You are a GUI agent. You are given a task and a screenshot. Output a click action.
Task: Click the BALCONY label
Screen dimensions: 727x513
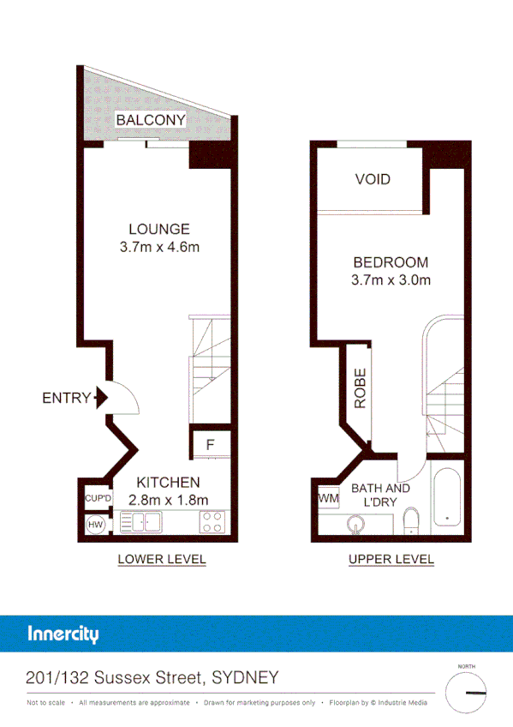pos(151,120)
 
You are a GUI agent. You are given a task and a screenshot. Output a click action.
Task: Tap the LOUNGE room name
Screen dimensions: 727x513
pos(158,229)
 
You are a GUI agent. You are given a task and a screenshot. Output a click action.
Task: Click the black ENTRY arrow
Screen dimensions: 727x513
pos(100,397)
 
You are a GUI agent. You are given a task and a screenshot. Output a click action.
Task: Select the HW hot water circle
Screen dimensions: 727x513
pos(95,524)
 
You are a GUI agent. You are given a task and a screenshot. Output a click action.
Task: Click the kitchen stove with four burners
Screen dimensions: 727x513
pos(212,522)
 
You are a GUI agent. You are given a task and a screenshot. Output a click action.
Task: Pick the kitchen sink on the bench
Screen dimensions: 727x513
pos(142,522)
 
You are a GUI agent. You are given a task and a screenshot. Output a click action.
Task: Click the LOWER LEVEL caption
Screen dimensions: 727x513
pos(161,560)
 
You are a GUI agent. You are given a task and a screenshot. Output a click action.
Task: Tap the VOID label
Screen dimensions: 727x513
pos(373,179)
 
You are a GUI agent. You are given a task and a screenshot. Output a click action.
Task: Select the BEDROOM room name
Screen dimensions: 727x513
pos(390,262)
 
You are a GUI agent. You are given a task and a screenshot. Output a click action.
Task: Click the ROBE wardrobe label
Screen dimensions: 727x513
pos(361,388)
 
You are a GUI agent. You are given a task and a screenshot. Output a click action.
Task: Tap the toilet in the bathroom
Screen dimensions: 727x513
pos(410,520)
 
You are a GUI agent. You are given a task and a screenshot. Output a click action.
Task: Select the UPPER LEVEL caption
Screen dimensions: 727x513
pos(391,560)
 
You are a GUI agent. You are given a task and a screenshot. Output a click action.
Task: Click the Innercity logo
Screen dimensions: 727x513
pos(63,634)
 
